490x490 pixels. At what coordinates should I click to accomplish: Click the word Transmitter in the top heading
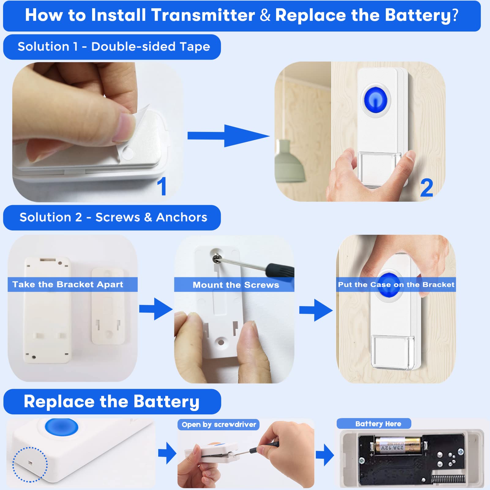pyautogui.click(x=203, y=15)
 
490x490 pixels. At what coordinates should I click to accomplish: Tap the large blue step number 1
pyautogui.click(x=162, y=186)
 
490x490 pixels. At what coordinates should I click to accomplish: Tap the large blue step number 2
pyautogui.click(x=427, y=188)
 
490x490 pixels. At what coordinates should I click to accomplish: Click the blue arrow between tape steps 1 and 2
pyautogui.click(x=228, y=136)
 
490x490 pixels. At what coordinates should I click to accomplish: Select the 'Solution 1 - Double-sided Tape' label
pyautogui.click(x=114, y=47)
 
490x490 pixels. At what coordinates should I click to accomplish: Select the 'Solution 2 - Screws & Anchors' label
pyautogui.click(x=113, y=217)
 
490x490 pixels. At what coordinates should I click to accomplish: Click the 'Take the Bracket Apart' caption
pyautogui.click(x=68, y=284)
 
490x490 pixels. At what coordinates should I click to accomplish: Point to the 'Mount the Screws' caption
pyautogui.click(x=236, y=285)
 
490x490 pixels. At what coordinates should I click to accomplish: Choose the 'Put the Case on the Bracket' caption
pyautogui.click(x=396, y=285)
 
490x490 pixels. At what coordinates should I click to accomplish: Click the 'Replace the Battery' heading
pyautogui.click(x=111, y=402)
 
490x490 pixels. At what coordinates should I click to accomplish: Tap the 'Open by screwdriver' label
pyautogui.click(x=219, y=425)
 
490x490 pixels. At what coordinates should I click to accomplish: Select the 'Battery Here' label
pyautogui.click(x=378, y=424)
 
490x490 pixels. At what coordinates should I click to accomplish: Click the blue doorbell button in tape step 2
pyautogui.click(x=376, y=100)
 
